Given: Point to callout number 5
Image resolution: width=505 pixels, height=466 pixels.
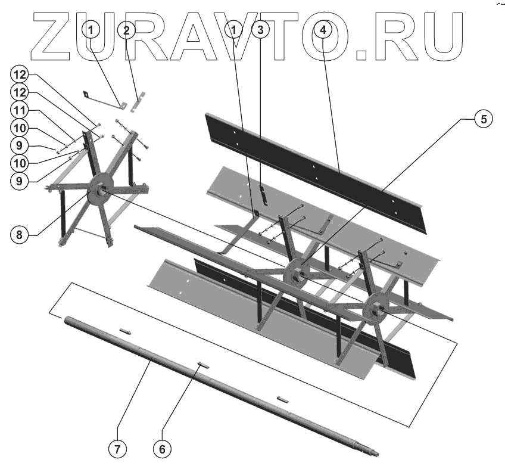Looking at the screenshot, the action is [x=484, y=119].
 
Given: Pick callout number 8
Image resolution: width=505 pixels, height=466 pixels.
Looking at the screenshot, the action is [x=19, y=234].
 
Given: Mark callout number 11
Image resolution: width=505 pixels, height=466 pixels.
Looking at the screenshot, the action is [x=19, y=111].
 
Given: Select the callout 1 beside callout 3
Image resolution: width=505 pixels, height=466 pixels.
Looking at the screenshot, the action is [x=236, y=29].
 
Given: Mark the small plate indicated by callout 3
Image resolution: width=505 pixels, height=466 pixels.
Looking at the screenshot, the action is [x=261, y=193].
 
